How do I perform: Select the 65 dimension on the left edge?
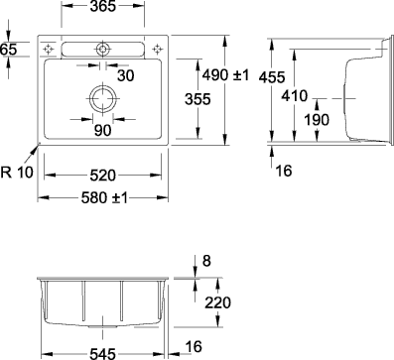9,49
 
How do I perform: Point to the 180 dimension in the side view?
315,121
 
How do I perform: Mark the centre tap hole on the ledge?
102,48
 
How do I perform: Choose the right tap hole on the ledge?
155,48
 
